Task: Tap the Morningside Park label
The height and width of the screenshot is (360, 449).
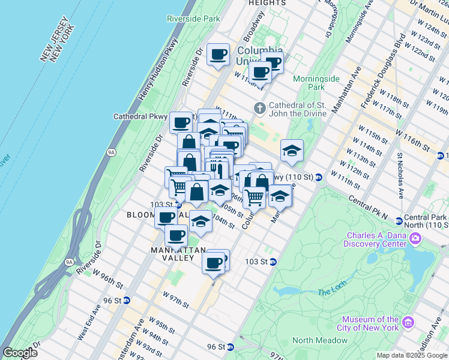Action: coord(316,83)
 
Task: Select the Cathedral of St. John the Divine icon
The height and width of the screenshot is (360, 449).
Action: coord(259,109)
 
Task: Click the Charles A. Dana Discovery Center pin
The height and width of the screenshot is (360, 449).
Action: coord(415,239)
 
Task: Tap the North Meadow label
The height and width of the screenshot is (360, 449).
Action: coord(319,340)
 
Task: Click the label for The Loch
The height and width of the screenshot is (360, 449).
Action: coord(332,292)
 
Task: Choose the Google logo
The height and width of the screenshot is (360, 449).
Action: coord(20,353)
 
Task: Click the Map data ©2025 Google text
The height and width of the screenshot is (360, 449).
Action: coord(411,355)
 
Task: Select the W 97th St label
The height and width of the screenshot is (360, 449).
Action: coord(175,300)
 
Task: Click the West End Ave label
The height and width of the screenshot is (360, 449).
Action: coord(85,324)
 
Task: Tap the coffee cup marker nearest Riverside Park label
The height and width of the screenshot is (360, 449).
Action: coord(218,54)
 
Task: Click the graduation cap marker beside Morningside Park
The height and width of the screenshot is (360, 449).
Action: coord(292,151)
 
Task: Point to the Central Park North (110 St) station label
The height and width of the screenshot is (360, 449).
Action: coord(426,221)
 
